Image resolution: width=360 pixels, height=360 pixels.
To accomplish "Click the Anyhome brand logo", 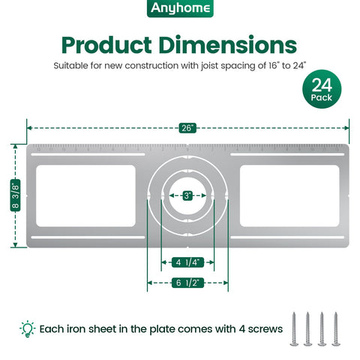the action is pos(180,8).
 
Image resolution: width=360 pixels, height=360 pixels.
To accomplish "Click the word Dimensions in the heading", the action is pos(228,45).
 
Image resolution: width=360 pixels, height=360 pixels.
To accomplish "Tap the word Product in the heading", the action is pos(106,45).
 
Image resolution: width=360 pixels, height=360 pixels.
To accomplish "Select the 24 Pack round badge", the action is pos(322,89).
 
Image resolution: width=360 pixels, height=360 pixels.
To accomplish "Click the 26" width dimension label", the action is pos(187,128).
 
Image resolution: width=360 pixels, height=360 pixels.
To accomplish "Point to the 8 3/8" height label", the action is pos(15,195).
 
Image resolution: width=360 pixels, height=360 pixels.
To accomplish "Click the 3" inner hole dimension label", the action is pos(187,196).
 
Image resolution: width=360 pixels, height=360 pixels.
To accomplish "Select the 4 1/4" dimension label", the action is pos(187,262).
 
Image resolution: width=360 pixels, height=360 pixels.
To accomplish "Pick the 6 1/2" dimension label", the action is pos(187,283).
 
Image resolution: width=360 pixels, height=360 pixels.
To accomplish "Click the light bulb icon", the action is pos(28,328).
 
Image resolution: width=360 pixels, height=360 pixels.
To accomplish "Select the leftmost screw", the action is pos(294,329).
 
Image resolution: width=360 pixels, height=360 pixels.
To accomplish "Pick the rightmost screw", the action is pos(336,329).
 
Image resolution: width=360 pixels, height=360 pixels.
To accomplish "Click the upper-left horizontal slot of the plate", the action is pos(88,154).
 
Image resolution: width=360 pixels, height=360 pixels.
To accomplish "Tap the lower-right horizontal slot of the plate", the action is pos(287,237).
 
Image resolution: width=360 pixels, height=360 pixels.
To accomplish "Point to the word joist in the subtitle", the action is pos(209,66).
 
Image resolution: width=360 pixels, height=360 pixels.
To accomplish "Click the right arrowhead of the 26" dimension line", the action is pos(347,128).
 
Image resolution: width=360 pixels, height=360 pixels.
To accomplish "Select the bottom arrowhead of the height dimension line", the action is pos(15,245).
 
